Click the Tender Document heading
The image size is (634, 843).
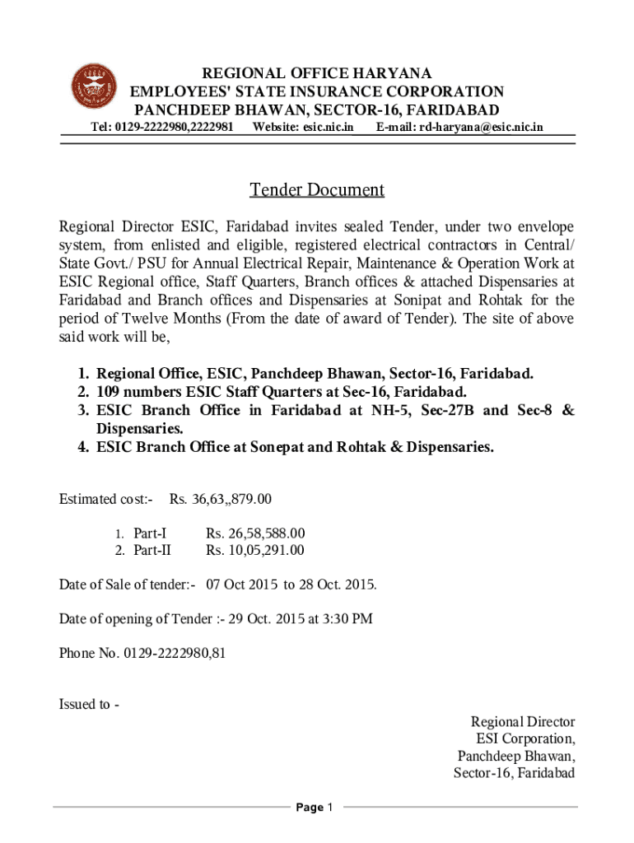coord(317,190)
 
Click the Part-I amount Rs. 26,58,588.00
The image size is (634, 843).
coord(255,533)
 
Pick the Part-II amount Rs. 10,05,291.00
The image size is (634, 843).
coord(255,551)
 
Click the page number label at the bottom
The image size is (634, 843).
coord(316,808)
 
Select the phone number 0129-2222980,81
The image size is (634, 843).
coord(175,654)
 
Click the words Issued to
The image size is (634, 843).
coord(85,704)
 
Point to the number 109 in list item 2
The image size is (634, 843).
coord(109,391)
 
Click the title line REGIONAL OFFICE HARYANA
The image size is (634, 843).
coord(317,73)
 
